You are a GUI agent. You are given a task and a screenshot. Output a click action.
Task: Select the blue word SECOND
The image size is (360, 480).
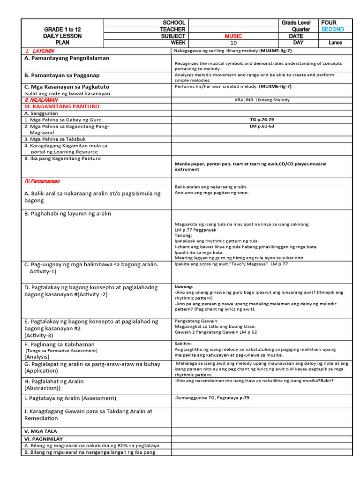(x=332, y=30)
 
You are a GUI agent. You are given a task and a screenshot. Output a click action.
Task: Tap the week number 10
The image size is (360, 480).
(x=234, y=43)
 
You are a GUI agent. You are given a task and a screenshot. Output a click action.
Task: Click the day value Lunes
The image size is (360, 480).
(x=335, y=43)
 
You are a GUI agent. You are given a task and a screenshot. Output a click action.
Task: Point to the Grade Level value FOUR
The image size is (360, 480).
(x=329, y=22)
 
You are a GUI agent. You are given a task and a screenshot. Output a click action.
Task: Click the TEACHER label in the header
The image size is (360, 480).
(x=172, y=30)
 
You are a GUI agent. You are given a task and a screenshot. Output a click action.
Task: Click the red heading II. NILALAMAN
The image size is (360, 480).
(x=41, y=100)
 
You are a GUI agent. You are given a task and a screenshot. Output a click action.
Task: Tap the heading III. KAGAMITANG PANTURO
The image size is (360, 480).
(x=61, y=106)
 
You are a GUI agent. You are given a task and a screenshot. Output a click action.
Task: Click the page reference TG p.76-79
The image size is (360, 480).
(x=262, y=120)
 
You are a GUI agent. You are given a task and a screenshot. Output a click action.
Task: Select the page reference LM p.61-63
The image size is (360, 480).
(x=262, y=127)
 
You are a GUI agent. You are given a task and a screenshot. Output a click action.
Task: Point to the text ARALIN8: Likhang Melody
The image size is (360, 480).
(x=262, y=100)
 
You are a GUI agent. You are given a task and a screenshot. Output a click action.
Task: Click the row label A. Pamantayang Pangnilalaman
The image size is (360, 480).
(x=67, y=58)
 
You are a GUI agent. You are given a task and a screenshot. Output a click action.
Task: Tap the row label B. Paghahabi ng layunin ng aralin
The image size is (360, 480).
(x=67, y=214)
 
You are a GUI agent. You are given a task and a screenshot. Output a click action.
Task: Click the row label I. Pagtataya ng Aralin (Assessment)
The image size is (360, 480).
(x=70, y=398)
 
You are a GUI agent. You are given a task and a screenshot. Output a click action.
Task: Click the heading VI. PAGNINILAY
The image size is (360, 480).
(x=45, y=439)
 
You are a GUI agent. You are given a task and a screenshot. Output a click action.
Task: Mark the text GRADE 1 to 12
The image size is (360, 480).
(x=62, y=30)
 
